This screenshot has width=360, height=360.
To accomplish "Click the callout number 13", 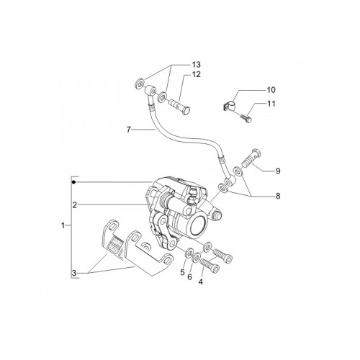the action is tap(196, 65).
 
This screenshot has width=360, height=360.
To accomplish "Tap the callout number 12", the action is tap(196, 74).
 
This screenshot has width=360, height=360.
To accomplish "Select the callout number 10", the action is tap(271, 90).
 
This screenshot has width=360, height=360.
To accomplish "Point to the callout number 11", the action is tap(271, 104).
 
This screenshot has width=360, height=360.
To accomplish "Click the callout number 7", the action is tap(129, 130).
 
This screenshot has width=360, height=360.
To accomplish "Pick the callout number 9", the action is tap(278, 171).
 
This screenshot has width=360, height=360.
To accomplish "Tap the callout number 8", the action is tap(278, 196).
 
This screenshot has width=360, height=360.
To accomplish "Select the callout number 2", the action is tap(75, 205).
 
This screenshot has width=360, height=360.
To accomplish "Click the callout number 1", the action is tap(63, 225).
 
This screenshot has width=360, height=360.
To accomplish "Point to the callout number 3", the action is tap(74, 273).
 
